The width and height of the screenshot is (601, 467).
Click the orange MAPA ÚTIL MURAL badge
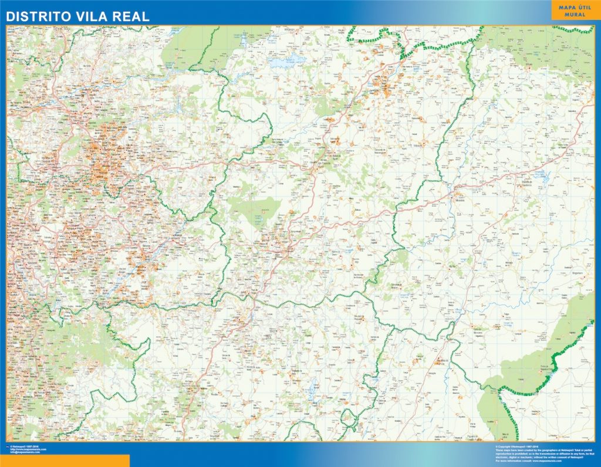coord(575,11)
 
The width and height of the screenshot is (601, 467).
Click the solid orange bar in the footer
coord(65,461)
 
